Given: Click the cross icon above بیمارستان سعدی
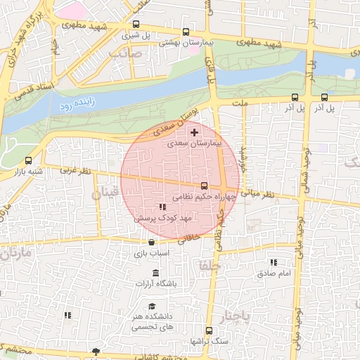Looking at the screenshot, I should [195, 132].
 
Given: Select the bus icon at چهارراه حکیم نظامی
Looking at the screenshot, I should [204, 186].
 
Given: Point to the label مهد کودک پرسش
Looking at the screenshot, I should [164, 219].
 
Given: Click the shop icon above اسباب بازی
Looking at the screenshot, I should [152, 242].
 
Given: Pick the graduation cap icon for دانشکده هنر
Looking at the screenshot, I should [152, 307].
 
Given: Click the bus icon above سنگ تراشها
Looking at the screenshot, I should [209, 330].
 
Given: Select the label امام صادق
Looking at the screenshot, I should [274, 273].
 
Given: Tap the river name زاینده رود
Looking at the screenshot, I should [76, 107].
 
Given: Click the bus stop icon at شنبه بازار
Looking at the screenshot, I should [28, 161].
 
